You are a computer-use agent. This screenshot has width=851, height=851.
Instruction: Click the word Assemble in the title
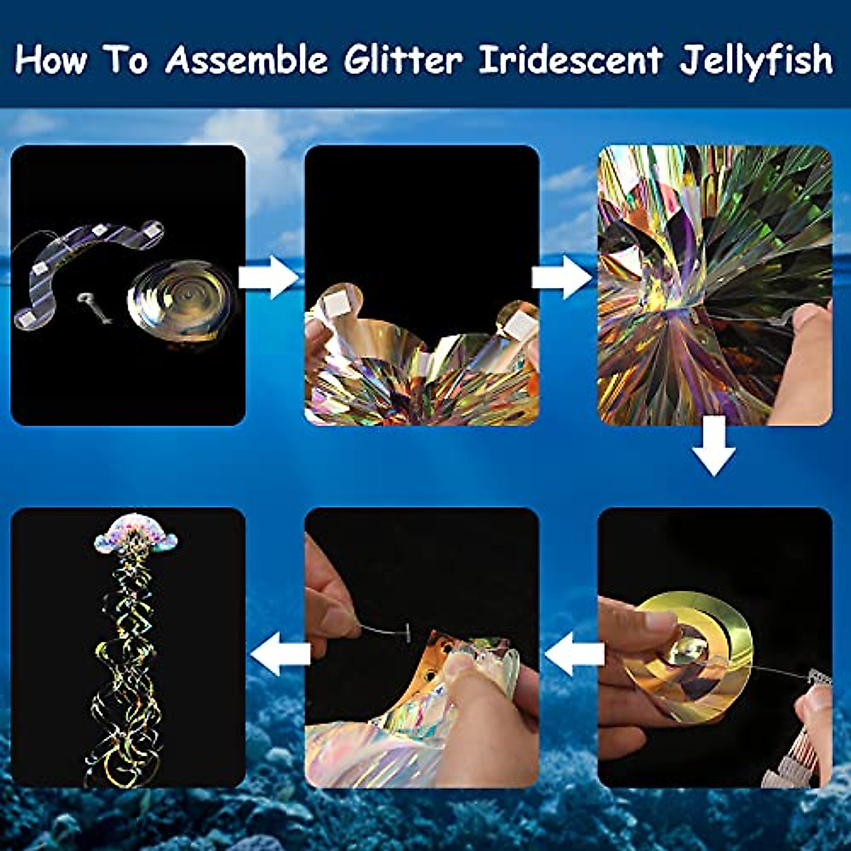pyautogui.click(x=247, y=60)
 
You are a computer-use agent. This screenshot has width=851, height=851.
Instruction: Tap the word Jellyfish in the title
pyautogui.click(x=756, y=60)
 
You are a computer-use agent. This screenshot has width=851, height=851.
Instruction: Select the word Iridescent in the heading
pyautogui.click(x=570, y=60)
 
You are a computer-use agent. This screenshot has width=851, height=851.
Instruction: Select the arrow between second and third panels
pyautogui.click(x=562, y=277)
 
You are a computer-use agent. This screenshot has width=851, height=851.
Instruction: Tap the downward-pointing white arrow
pyautogui.click(x=713, y=445)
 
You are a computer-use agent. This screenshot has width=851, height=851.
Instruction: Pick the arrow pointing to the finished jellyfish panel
pyautogui.click(x=281, y=652)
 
